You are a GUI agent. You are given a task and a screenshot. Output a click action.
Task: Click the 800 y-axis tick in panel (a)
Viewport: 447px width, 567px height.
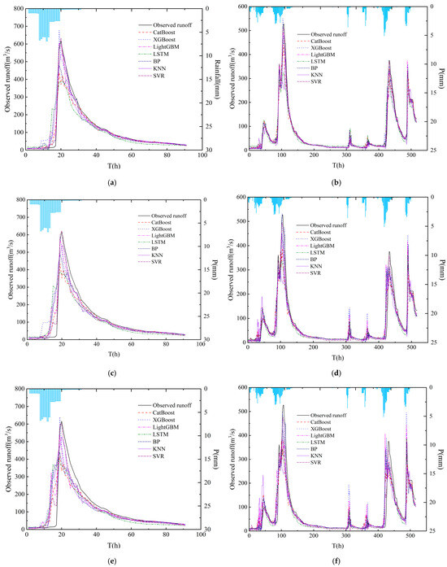coord(19,8)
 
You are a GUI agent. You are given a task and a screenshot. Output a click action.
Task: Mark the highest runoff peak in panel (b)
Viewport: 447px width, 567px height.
coord(284,24)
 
